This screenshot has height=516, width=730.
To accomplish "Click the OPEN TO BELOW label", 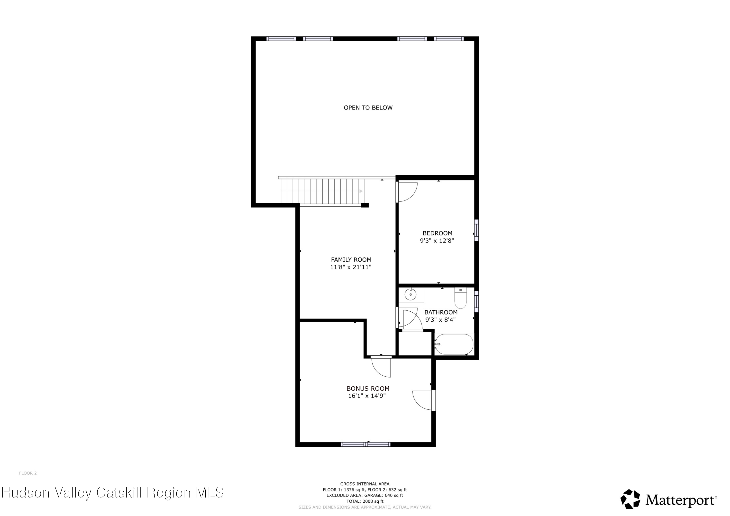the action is pyautogui.click(x=368, y=108).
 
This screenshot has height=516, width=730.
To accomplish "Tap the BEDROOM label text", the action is pyautogui.click(x=437, y=233).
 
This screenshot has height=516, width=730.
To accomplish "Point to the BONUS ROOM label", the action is pyautogui.click(x=368, y=388).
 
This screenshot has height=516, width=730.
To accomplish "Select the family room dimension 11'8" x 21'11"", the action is pyautogui.click(x=351, y=267).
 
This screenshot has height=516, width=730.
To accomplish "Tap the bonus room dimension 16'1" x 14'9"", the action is pyautogui.click(x=367, y=396).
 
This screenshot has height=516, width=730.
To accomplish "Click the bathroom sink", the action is pyautogui.click(x=411, y=295).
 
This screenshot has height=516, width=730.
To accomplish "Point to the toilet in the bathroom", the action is pyautogui.click(x=460, y=298).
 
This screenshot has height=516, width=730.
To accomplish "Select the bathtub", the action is pyautogui.click(x=454, y=344).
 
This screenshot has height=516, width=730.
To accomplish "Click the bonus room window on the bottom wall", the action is pyautogui.click(x=366, y=444).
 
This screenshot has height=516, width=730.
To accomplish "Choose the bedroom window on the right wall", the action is pyautogui.click(x=476, y=230).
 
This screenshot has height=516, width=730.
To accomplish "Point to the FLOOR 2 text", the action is pyautogui.click(x=28, y=473).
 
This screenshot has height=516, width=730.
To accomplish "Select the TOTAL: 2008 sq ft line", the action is pyautogui.click(x=365, y=501).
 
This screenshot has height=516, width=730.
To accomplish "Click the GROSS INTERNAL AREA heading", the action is pyautogui.click(x=365, y=484).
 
